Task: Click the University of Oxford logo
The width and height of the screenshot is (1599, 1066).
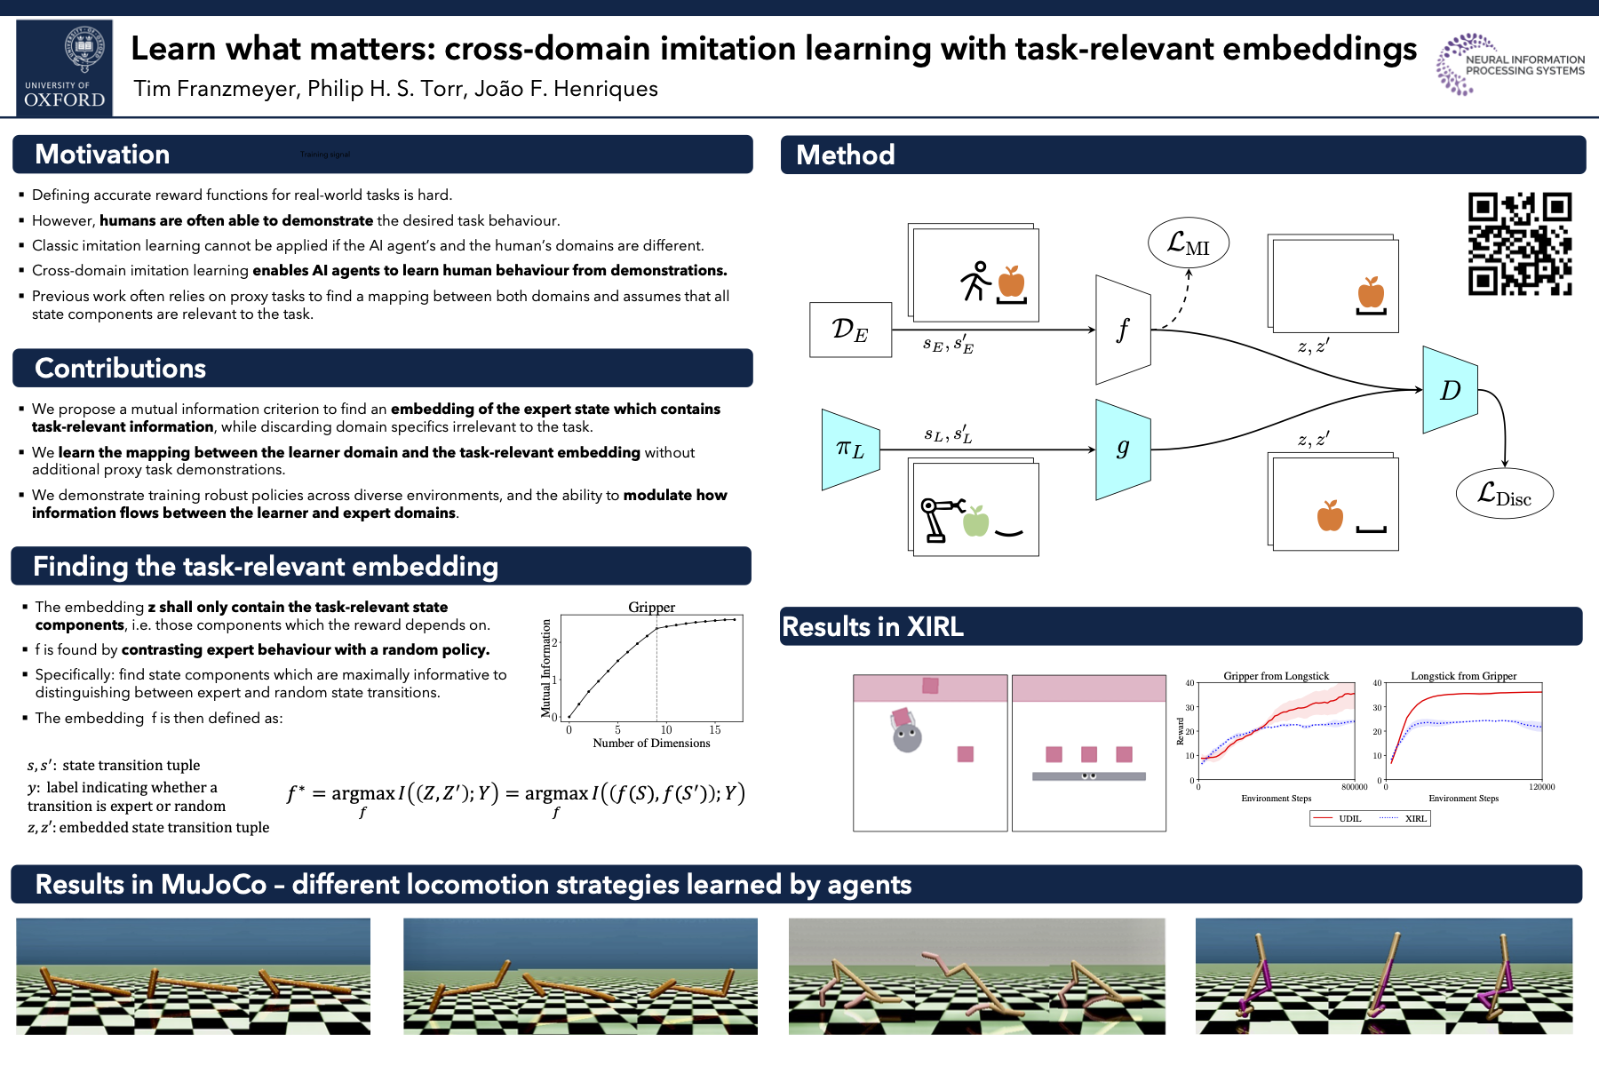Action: pos(65,68)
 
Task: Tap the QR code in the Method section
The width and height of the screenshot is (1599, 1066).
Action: pos(1519,243)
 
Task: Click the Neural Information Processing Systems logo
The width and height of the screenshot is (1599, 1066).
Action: pos(1511,64)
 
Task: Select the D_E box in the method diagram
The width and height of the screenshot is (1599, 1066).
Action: pos(850,330)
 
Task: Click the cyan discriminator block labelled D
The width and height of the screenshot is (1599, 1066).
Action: pos(1450,390)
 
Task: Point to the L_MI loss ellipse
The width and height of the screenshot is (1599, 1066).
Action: pos(1188,243)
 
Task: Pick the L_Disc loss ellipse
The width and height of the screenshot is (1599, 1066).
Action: pos(1504,494)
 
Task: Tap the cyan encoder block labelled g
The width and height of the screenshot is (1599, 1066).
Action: pos(1123,449)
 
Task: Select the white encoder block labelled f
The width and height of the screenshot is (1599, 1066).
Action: pos(1123,330)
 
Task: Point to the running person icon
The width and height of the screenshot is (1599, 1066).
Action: pos(975,281)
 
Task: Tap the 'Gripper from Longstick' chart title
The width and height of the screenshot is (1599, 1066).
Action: pos(1276,676)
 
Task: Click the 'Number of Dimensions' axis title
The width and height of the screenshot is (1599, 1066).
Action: pos(651,744)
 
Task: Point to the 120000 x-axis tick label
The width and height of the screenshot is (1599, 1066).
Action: pos(1541,787)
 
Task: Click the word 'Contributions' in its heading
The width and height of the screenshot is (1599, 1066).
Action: pos(121,368)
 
